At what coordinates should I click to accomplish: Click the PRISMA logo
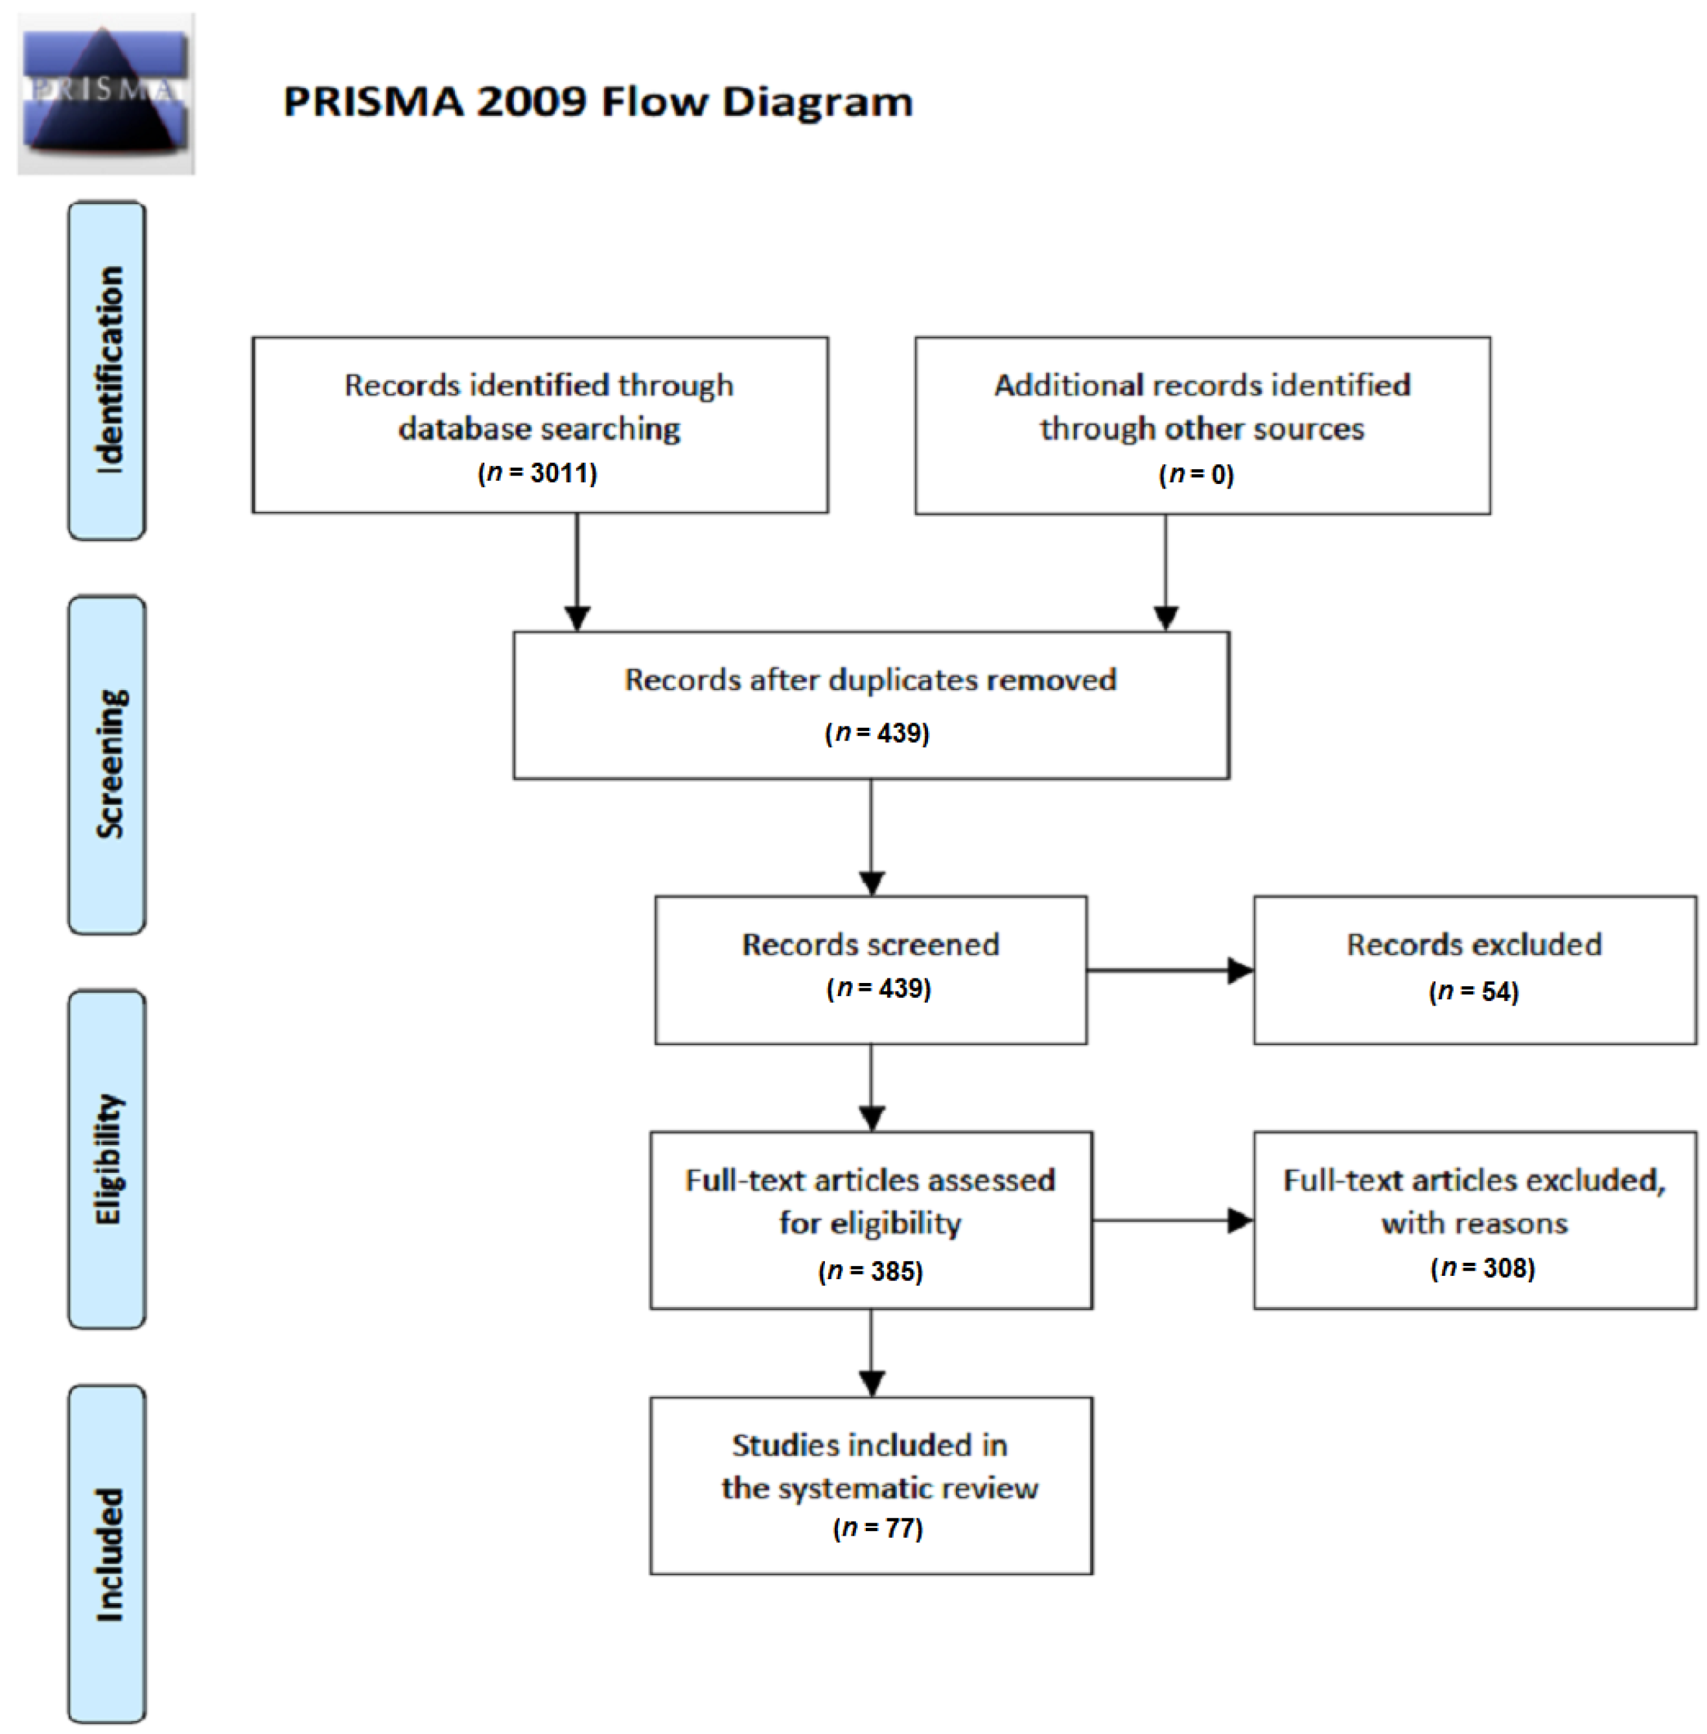(106, 93)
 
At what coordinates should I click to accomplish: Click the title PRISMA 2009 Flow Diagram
(598, 101)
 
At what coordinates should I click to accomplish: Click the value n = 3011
(538, 472)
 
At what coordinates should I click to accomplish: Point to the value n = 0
(1197, 474)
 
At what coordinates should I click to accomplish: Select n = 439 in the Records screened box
(879, 988)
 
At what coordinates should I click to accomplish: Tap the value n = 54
(1474, 991)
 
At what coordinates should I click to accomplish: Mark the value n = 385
(870, 1271)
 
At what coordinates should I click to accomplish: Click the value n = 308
(1483, 1267)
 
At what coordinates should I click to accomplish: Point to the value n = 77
(877, 1527)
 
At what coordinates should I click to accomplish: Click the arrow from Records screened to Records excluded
(1170, 970)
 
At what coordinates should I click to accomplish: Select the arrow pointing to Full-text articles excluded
(1172, 1220)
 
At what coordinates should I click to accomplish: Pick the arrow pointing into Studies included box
(872, 1353)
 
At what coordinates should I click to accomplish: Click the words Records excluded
(1474, 944)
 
